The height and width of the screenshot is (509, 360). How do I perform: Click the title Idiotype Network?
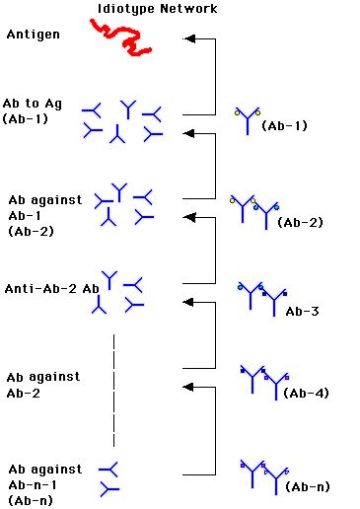pyautogui.click(x=157, y=9)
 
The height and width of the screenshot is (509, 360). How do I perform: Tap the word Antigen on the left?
pyautogui.click(x=34, y=35)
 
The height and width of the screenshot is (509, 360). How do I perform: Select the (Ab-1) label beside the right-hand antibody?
pyautogui.click(x=284, y=125)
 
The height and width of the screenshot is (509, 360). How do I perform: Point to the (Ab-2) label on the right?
pyautogui.click(x=300, y=222)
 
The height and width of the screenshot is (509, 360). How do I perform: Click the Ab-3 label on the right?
pyautogui.click(x=302, y=311)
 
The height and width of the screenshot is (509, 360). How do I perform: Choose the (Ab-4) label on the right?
pyautogui.click(x=306, y=393)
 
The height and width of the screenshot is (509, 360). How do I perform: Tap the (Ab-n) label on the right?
pyautogui.click(x=308, y=486)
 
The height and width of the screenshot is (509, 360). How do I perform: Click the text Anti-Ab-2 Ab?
pyautogui.click(x=52, y=289)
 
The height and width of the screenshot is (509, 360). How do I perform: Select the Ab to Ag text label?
pyautogui.click(x=33, y=104)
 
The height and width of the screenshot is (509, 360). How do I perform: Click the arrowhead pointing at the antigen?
pyautogui.click(x=189, y=38)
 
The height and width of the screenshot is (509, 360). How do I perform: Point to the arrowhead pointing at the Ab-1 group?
pyautogui.click(x=189, y=133)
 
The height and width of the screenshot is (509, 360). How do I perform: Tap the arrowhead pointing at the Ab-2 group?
pyautogui.click(x=189, y=217)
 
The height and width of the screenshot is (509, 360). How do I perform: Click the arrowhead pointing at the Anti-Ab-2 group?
pyautogui.click(x=189, y=302)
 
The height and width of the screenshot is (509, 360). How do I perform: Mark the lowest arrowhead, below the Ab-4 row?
pyautogui.click(x=189, y=387)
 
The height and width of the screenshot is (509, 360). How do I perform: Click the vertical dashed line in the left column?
pyautogui.click(x=114, y=391)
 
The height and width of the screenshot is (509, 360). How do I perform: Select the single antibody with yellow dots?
pyautogui.click(x=248, y=120)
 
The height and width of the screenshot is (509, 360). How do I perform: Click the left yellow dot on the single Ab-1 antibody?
pyautogui.click(x=237, y=113)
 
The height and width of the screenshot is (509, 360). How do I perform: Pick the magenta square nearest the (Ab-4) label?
pyautogui.click(x=287, y=378)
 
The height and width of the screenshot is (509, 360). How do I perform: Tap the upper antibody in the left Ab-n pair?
pyautogui.click(x=108, y=470)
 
